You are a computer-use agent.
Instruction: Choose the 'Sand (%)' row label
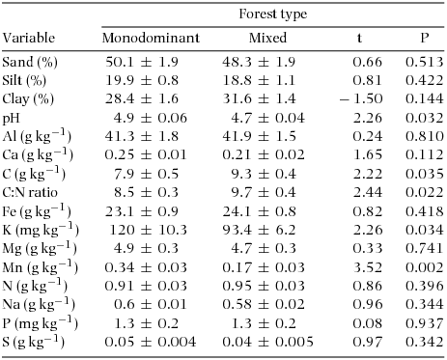pos(31,63)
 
